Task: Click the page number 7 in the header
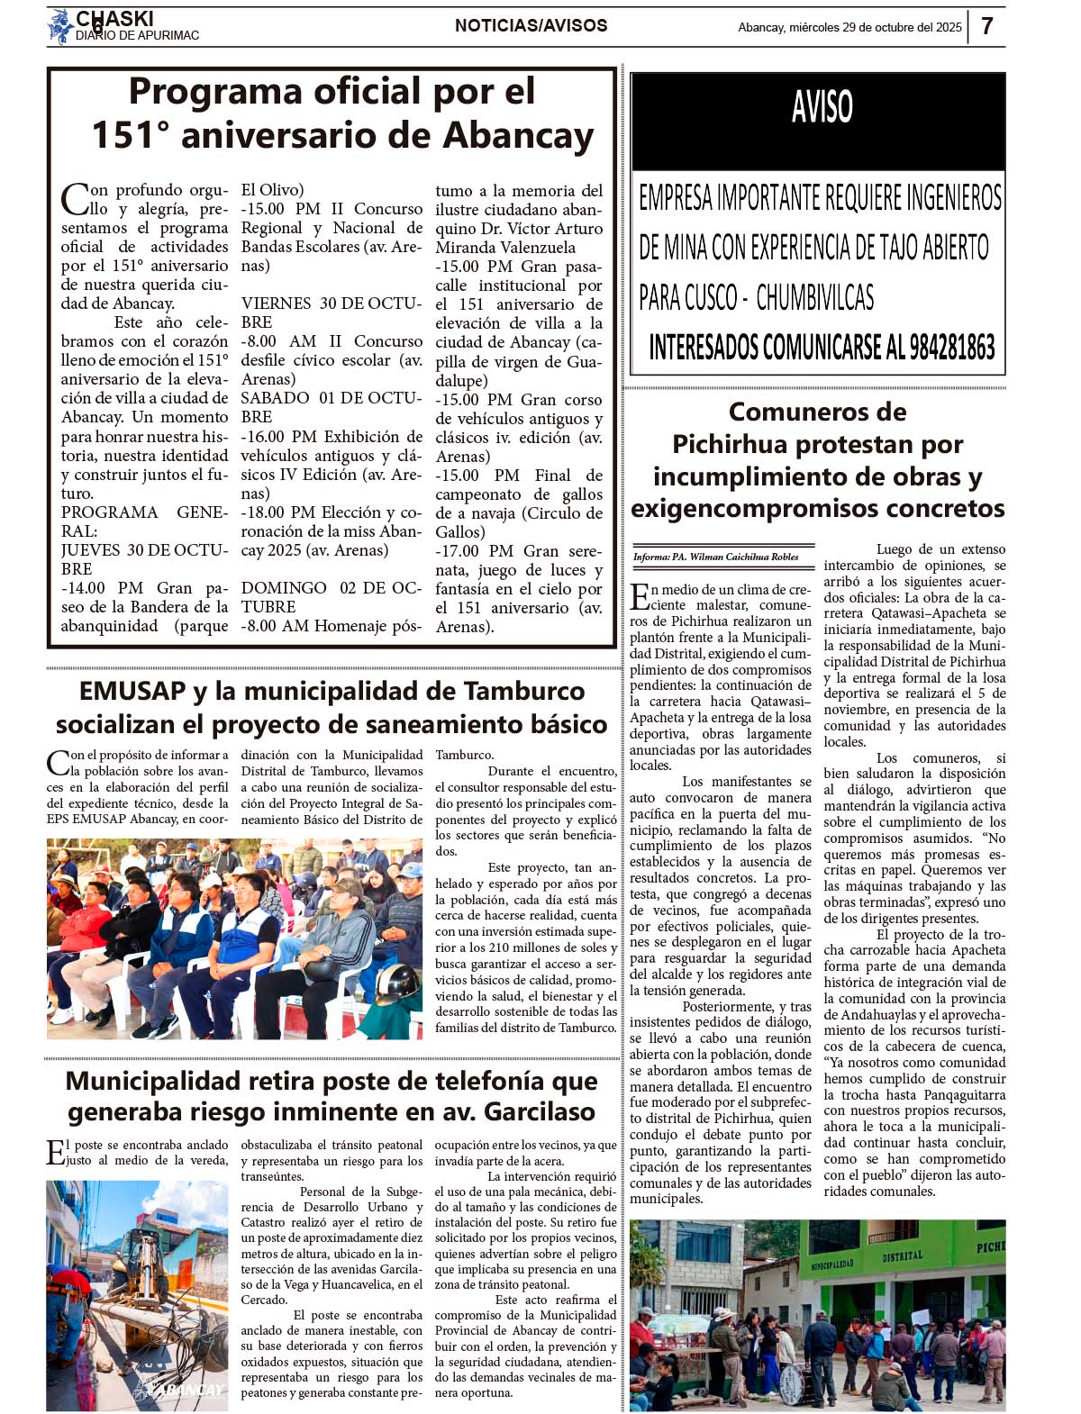(987, 26)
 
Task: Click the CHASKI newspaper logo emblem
(60, 26)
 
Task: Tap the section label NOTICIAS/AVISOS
(531, 26)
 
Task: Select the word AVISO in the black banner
(822, 107)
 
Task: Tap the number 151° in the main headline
(131, 135)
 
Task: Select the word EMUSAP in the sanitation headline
(132, 691)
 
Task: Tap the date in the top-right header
(849, 27)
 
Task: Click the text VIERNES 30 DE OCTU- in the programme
(331, 304)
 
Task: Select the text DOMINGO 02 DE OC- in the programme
(331, 588)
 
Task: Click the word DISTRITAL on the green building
(902, 1255)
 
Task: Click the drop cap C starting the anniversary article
(74, 198)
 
